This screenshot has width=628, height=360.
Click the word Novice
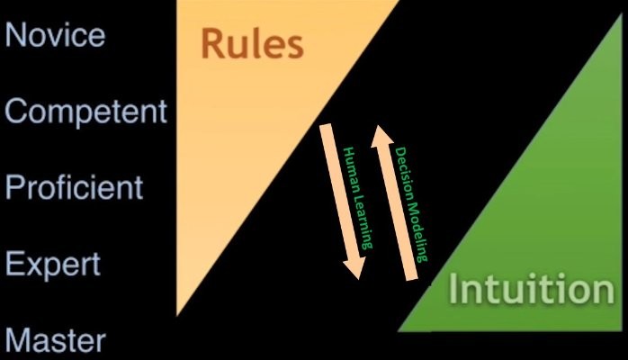tap(55, 35)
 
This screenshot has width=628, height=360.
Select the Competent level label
tap(86, 112)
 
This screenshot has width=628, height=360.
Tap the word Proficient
tap(74, 187)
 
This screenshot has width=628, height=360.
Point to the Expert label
tap(53, 265)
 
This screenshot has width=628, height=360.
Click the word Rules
tap(251, 43)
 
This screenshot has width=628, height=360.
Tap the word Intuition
tap(531, 290)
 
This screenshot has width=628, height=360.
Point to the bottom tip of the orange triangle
tap(178, 314)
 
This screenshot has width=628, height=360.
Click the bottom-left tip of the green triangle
tap(400, 329)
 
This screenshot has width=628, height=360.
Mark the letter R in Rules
tap(213, 43)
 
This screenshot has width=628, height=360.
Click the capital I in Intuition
tap(455, 290)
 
